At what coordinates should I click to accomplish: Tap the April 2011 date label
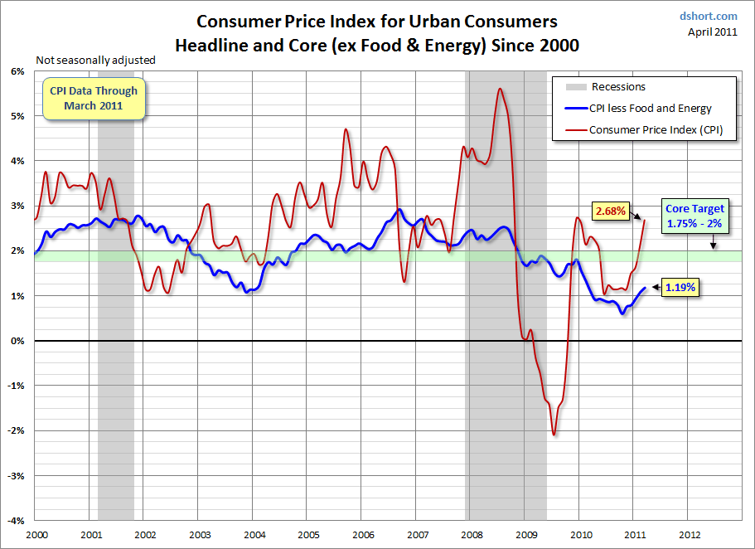714,32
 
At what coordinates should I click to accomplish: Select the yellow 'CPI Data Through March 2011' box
94,98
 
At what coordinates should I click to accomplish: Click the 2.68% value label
609,212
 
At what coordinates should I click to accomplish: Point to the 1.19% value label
679,288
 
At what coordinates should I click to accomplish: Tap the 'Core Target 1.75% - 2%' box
695,216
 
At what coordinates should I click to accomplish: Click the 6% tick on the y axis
17,71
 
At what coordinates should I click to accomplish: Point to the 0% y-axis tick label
17,341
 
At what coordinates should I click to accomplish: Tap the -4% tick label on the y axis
15,521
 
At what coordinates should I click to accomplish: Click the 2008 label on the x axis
472,536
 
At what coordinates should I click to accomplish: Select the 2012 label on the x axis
689,536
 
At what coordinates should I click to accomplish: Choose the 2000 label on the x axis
36,536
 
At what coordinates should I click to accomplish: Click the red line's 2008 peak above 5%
500,89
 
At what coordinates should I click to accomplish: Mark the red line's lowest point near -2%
554,435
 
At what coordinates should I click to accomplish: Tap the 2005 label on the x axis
308,536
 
